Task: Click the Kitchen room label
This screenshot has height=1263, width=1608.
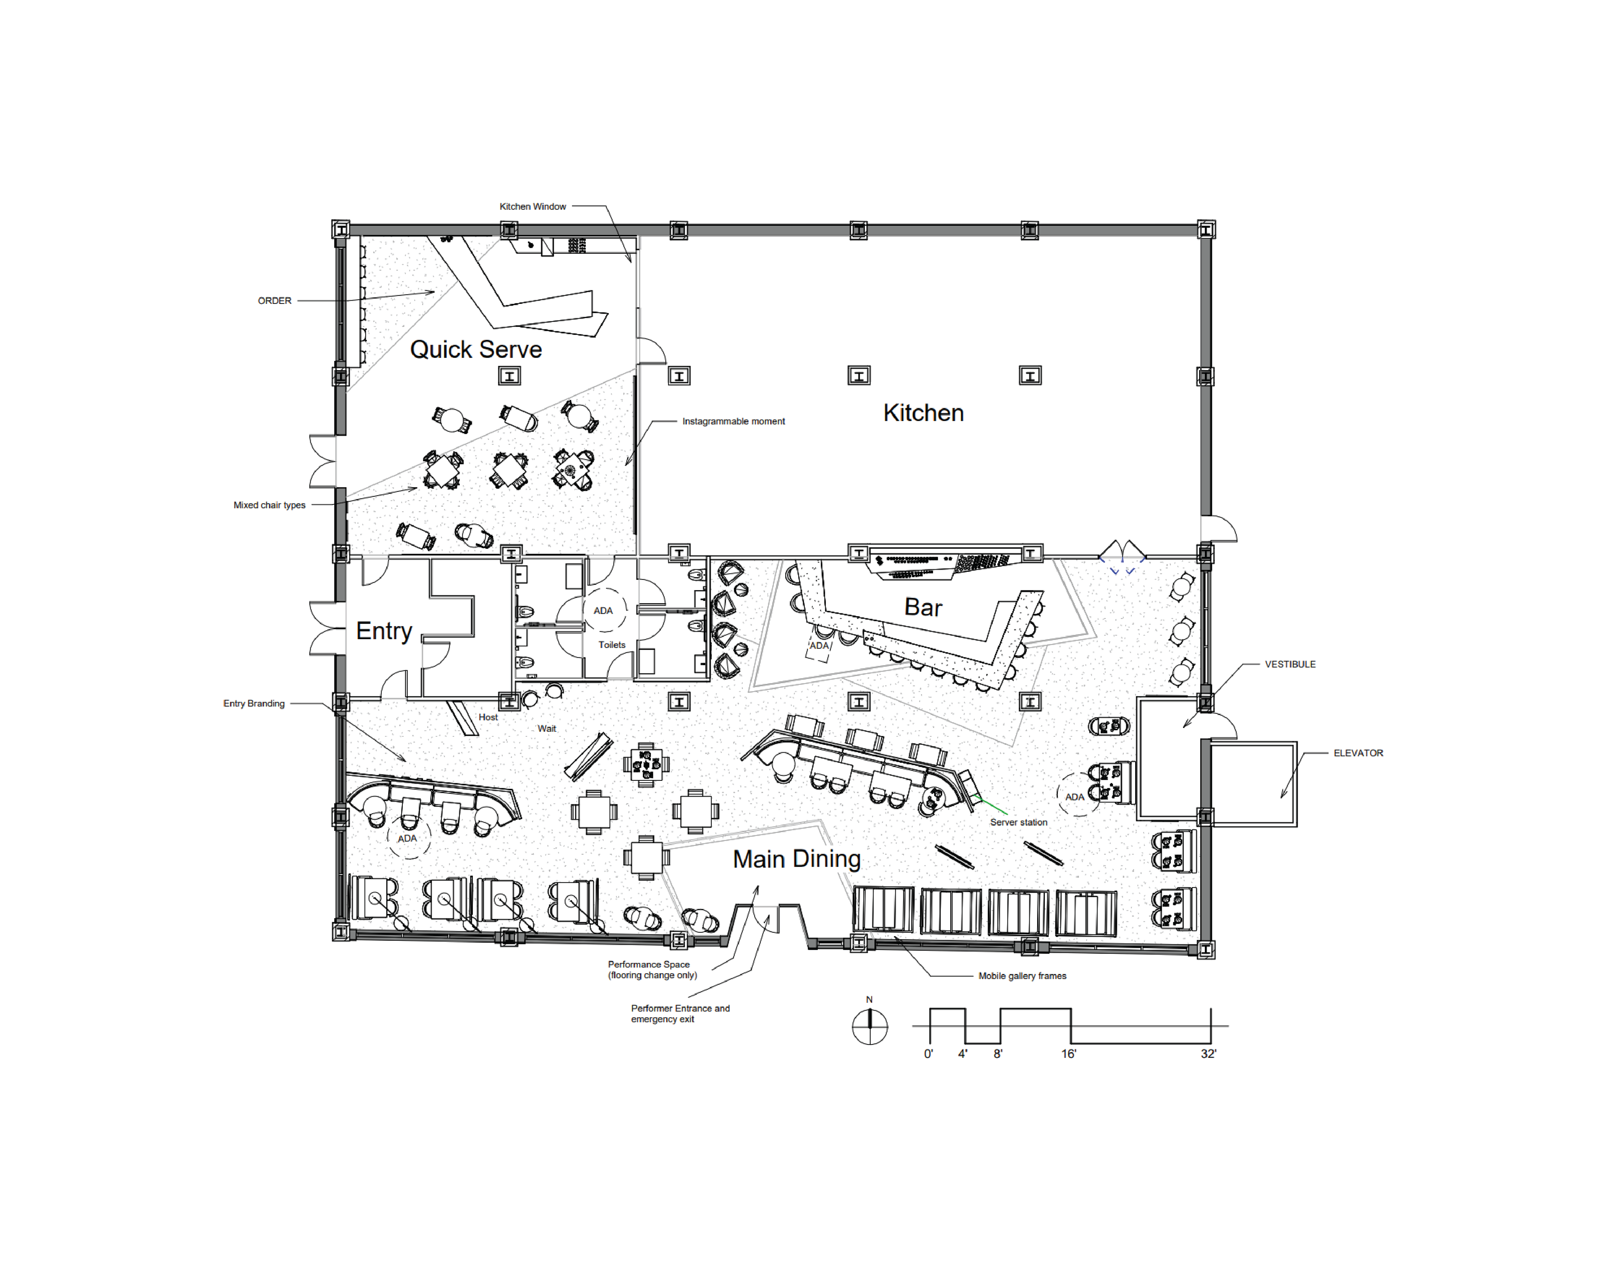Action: click(x=923, y=413)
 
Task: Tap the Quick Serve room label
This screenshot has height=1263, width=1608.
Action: click(x=476, y=349)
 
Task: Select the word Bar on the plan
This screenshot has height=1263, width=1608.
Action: click(x=923, y=607)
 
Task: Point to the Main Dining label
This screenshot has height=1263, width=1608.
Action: click(x=796, y=859)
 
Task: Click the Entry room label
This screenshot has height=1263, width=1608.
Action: click(x=384, y=631)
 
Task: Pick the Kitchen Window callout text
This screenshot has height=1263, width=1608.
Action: click(x=533, y=206)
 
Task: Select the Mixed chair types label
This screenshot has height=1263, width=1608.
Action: click(x=269, y=505)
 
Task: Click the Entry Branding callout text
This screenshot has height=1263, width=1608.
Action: click(x=254, y=703)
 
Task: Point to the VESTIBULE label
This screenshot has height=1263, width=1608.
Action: click(x=1290, y=664)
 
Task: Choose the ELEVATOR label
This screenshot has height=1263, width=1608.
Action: click(x=1358, y=753)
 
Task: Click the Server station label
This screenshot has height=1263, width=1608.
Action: click(x=1018, y=822)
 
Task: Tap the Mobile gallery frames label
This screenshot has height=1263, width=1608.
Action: click(x=1022, y=976)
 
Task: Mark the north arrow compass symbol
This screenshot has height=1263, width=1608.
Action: click(x=870, y=1026)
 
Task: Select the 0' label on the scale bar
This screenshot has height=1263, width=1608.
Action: click(x=928, y=1054)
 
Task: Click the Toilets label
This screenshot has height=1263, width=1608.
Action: click(x=612, y=645)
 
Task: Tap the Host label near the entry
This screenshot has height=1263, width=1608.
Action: click(x=488, y=717)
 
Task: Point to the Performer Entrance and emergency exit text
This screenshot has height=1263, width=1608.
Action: click(x=680, y=1014)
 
